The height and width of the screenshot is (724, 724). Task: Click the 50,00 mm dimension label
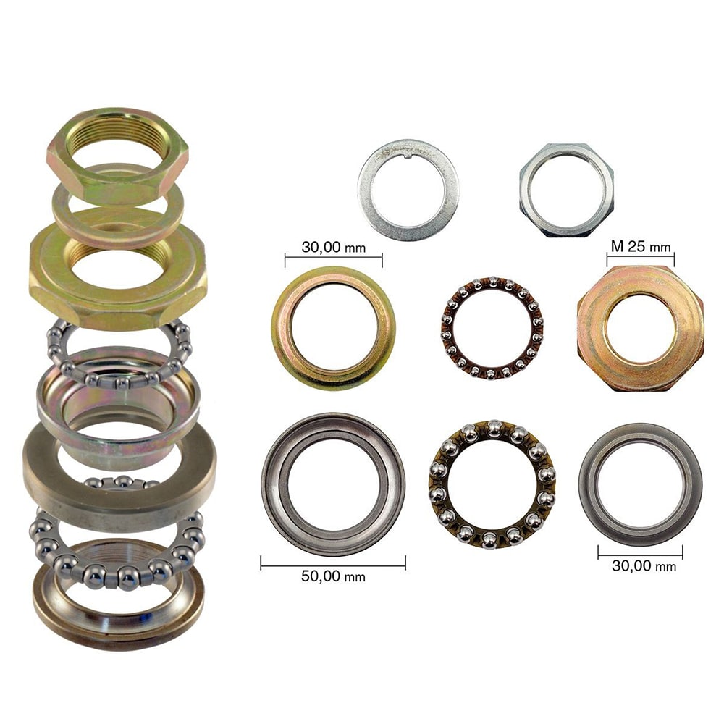point(333,576)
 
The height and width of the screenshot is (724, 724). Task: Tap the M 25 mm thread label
point(641,247)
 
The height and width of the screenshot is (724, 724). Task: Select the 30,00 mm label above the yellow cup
point(333,248)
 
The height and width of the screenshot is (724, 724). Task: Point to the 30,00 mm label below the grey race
point(644,565)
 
